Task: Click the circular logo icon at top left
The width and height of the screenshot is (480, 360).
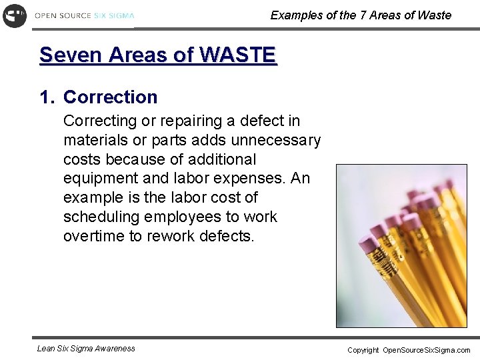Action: pyautogui.click(x=15, y=15)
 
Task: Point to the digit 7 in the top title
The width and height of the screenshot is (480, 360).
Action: pyautogui.click(x=363, y=15)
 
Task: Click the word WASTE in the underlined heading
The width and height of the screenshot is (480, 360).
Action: pyautogui.click(x=241, y=55)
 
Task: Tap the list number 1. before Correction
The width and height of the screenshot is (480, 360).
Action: pyautogui.click(x=47, y=97)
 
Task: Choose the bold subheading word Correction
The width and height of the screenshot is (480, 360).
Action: pyautogui.click(x=110, y=97)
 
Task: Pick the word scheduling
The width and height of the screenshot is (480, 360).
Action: pyautogui.click(x=101, y=217)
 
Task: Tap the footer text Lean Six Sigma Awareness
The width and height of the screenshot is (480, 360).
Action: pyautogui.click(x=86, y=348)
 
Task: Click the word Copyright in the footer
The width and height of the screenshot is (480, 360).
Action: pyautogui.click(x=363, y=350)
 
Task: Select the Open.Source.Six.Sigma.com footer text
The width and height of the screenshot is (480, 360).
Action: pyautogui.click(x=426, y=350)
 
